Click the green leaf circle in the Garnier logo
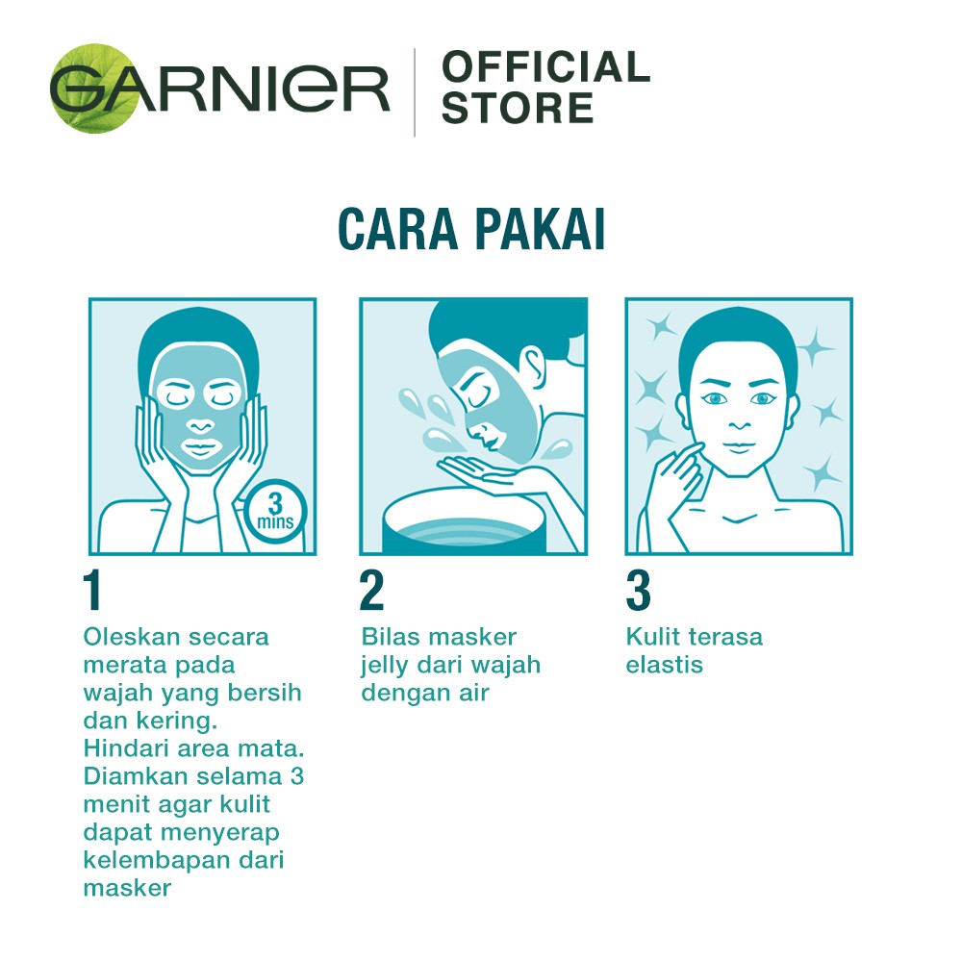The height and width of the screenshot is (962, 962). point(95,89)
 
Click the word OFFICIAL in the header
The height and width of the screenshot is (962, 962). point(545,66)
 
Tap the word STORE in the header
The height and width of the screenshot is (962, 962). point(518,108)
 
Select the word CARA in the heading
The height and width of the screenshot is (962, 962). point(398,229)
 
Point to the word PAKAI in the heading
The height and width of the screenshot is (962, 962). point(541,229)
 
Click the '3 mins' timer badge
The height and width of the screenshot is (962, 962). point(275,511)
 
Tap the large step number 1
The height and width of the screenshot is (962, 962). point(92,590)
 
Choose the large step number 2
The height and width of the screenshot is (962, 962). point(371,590)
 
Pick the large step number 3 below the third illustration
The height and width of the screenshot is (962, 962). point(638,590)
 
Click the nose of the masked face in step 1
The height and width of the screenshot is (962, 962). point(201,426)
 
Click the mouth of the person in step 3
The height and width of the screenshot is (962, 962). point(739,446)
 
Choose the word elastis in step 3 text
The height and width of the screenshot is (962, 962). point(665,665)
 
